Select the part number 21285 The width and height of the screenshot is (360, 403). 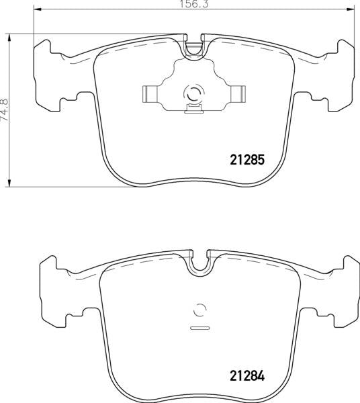coord(243,161)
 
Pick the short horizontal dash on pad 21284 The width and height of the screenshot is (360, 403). coord(199,328)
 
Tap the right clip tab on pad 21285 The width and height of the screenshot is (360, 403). coord(236,94)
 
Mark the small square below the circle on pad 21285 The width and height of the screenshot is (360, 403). coord(193,109)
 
